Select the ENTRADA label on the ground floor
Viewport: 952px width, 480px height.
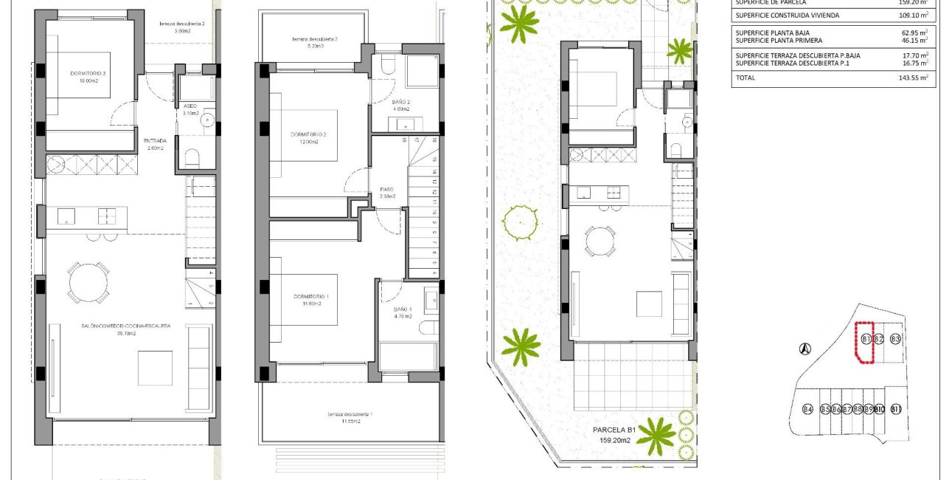(x=155, y=140)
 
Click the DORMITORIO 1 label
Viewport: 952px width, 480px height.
(x=309, y=296)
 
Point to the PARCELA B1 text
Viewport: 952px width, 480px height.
(x=614, y=429)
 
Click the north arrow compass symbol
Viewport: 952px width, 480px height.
(x=806, y=349)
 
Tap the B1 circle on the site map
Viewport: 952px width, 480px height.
(x=866, y=339)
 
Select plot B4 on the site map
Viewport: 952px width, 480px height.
(x=807, y=409)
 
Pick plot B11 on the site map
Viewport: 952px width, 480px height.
(x=896, y=409)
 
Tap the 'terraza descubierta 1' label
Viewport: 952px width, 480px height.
(x=351, y=414)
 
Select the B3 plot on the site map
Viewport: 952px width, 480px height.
(x=895, y=339)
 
